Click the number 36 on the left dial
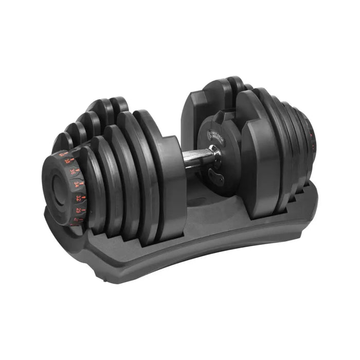pos(73,172)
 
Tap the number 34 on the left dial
pos(77,184)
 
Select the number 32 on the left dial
pos(78,198)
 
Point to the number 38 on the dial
pos(67,160)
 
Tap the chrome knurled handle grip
pos(195,156)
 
